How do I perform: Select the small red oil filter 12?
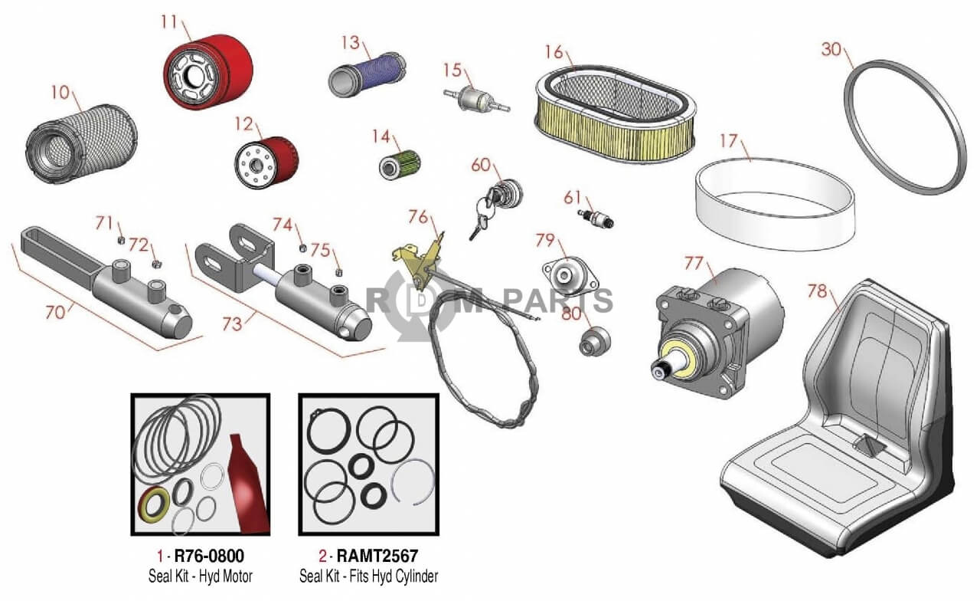click(266, 160)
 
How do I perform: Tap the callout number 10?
click(60, 93)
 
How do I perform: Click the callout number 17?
click(728, 142)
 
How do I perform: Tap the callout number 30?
click(831, 49)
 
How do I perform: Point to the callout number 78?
click(818, 291)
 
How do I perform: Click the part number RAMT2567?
click(377, 556)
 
